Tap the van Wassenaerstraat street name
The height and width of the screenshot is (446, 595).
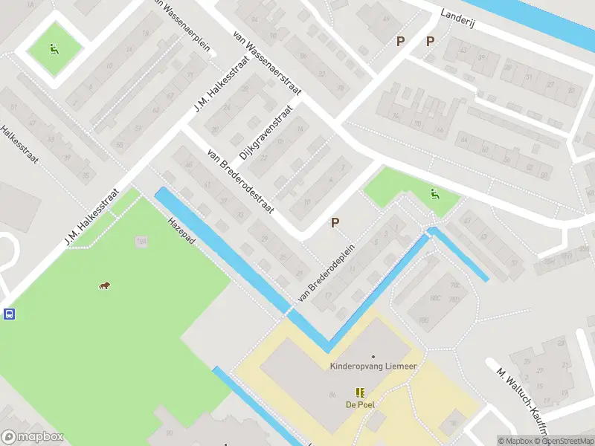[x=266, y=63]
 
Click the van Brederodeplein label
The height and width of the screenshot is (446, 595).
[x=326, y=273]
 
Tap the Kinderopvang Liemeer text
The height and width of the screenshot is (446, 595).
[x=373, y=366]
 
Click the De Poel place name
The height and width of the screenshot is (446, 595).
[x=360, y=405]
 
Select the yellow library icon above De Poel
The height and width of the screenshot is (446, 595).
[x=360, y=392]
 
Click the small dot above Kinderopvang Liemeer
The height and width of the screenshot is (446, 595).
[x=373, y=357]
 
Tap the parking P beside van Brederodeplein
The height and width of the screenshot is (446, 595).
[x=335, y=222]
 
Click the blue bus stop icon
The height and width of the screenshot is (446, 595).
[x=10, y=314]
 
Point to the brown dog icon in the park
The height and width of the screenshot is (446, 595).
[x=106, y=286]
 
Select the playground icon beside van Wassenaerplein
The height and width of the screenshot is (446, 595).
[x=54, y=49]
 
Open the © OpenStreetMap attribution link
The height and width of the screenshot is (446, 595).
[x=565, y=441]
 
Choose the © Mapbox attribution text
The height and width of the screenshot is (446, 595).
[x=515, y=441]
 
